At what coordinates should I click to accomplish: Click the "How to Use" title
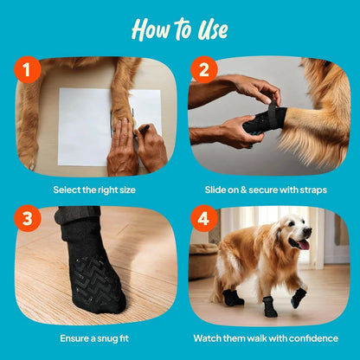[180, 29]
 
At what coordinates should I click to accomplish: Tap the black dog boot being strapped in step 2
[263, 119]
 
